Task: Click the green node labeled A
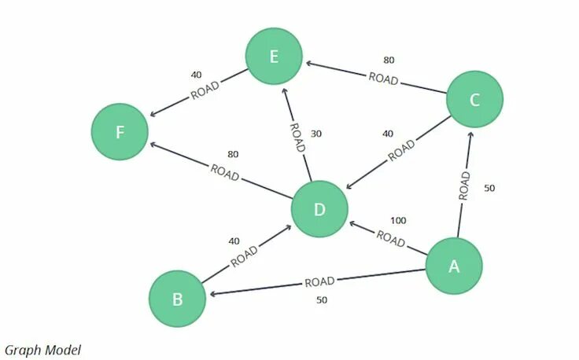454,266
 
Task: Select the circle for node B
178,299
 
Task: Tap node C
474,99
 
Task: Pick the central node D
319,209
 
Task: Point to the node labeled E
274,57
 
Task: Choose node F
120,131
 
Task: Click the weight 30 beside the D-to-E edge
316,134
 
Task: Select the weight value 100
398,221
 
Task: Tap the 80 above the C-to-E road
389,60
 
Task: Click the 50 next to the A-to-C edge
489,189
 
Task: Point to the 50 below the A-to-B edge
321,299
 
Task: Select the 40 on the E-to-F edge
196,75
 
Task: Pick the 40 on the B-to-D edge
234,241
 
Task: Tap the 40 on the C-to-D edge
387,134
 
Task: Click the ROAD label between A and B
319,281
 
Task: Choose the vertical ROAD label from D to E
296,137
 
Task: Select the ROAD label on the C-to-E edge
383,78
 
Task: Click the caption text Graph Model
42,350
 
